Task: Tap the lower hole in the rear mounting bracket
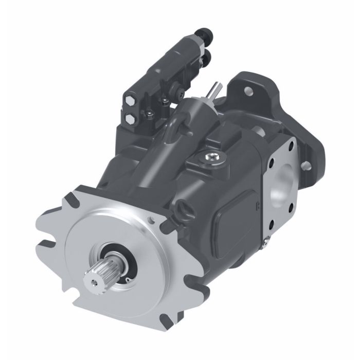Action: tap(308, 165)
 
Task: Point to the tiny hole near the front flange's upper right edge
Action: tap(152, 218)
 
